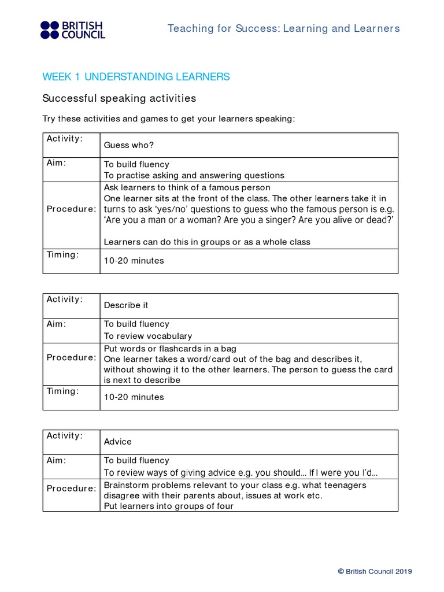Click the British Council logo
tap(72, 30)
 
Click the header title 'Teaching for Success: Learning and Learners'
tap(283, 29)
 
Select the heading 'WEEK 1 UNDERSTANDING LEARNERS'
tap(136, 77)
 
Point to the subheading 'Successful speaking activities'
tap(119, 98)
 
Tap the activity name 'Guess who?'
tap(128, 145)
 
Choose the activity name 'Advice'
tap(117, 442)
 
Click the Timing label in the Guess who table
tap(62, 254)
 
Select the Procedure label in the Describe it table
tap(71, 358)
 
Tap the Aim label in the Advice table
tap(56, 461)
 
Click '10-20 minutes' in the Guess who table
tap(134, 261)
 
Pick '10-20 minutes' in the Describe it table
tap(134, 397)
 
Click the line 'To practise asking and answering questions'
tap(194, 175)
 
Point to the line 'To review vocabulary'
tap(147, 336)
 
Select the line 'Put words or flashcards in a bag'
tap(170, 349)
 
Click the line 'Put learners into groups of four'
tap(168, 506)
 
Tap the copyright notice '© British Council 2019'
tap(375, 571)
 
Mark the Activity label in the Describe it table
tap(64, 299)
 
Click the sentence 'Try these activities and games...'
tap(169, 119)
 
